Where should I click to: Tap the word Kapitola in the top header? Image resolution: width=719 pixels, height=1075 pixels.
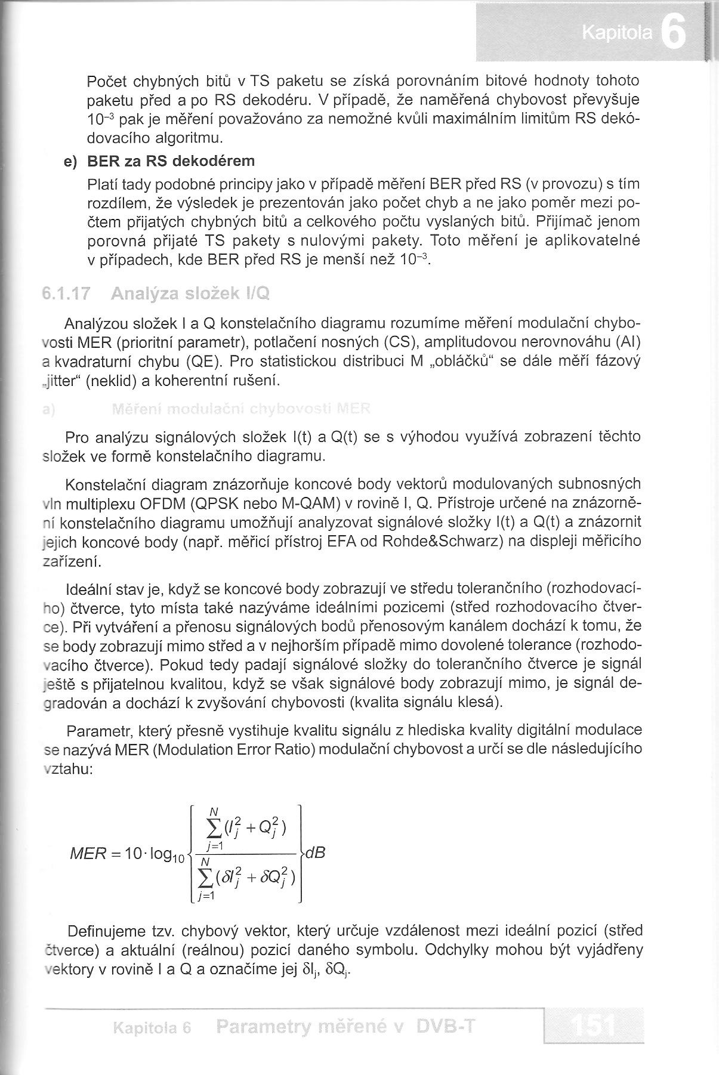click(x=617, y=35)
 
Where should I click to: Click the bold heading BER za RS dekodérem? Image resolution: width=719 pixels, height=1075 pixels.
click(x=171, y=161)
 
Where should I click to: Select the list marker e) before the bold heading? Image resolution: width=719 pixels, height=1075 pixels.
click(x=72, y=162)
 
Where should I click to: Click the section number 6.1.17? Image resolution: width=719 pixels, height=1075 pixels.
click(x=66, y=294)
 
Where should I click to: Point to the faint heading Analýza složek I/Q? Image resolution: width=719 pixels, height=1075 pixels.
click(x=190, y=294)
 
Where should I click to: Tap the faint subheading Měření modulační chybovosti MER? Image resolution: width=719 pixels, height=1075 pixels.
click(x=240, y=409)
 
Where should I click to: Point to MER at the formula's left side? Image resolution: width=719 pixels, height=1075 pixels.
click(x=90, y=853)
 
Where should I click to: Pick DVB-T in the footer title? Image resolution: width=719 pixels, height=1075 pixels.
click(x=447, y=1026)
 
